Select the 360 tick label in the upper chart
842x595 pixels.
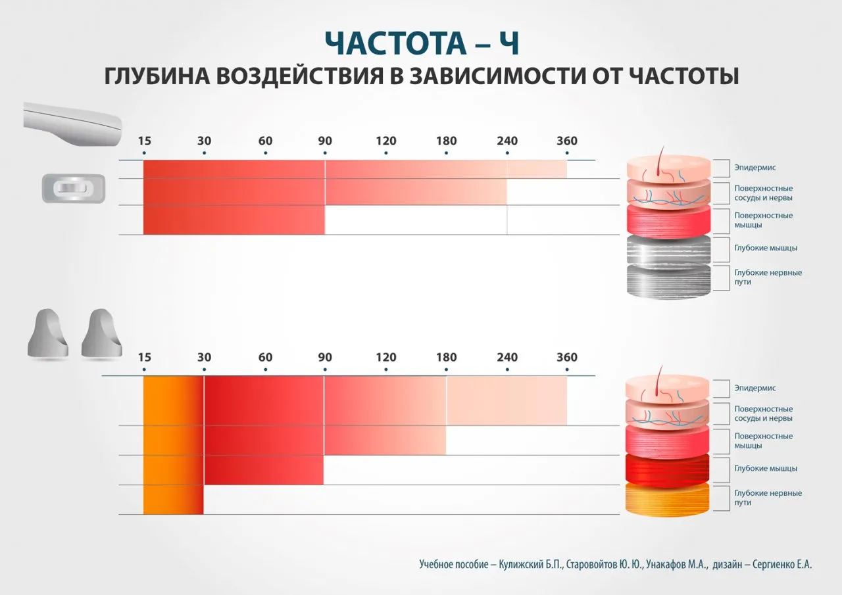pyautogui.click(x=567, y=141)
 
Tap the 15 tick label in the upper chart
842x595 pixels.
pyautogui.click(x=144, y=141)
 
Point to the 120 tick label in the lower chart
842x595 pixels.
pyautogui.click(x=386, y=358)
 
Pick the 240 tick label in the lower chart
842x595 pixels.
pyautogui.click(x=507, y=358)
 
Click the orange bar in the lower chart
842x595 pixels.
pyautogui.click(x=172, y=445)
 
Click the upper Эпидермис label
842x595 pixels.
pyautogui.click(x=755, y=168)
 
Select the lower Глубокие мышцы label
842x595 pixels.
pyautogui.click(x=766, y=468)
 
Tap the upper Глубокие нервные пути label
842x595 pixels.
pyautogui.click(x=768, y=277)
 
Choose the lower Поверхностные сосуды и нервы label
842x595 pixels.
pyautogui.click(x=763, y=414)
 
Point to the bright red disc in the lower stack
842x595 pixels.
pyautogui.click(x=668, y=469)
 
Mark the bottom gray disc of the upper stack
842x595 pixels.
pyautogui.click(x=668, y=281)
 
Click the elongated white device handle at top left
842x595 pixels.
pyautogui.click(x=72, y=122)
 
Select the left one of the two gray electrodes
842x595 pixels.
pyautogui.click(x=48, y=334)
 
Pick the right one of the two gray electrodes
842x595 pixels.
pyautogui.click(x=102, y=334)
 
